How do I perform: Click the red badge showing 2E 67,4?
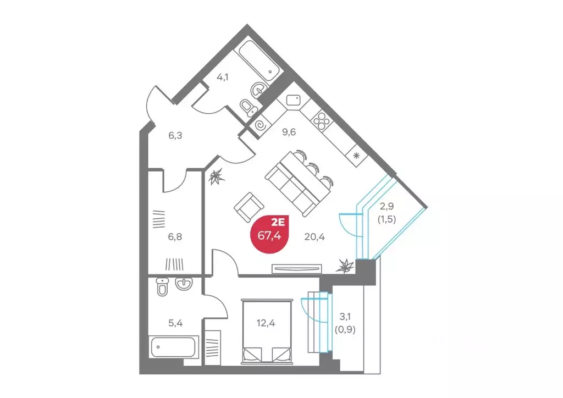[x=269, y=234]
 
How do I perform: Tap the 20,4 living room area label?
[x=314, y=237]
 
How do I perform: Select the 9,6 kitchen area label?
[x=289, y=132]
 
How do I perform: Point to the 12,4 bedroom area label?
[x=266, y=323]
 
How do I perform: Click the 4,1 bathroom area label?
[x=223, y=77]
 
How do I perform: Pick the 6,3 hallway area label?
[x=175, y=135]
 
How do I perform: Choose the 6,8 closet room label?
[x=175, y=237]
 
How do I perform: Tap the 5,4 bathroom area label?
[x=175, y=323]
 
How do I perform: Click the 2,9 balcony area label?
[x=387, y=206]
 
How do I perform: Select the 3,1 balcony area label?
[x=345, y=317]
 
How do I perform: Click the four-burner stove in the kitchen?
[x=321, y=120]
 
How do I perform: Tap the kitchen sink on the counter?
[x=294, y=99]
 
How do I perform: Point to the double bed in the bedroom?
[x=266, y=331]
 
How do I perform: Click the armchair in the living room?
[x=249, y=207]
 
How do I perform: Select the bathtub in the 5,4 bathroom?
[x=174, y=347]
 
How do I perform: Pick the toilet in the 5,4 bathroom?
[x=163, y=286]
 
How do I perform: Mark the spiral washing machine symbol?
[x=260, y=125]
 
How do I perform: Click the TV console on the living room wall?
[x=296, y=268]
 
